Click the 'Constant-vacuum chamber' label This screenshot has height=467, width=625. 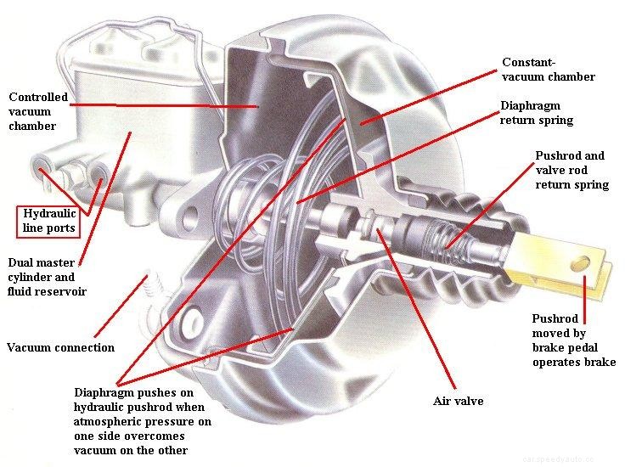[x=548, y=70]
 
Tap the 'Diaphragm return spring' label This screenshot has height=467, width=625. [x=536, y=113]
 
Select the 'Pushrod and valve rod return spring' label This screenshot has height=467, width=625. [x=572, y=170]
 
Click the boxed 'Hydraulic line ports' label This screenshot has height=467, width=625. [x=48, y=221]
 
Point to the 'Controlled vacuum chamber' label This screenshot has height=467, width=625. [x=37, y=111]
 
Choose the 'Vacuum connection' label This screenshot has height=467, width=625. [x=60, y=347]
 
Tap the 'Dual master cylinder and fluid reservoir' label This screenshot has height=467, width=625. [x=47, y=277]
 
